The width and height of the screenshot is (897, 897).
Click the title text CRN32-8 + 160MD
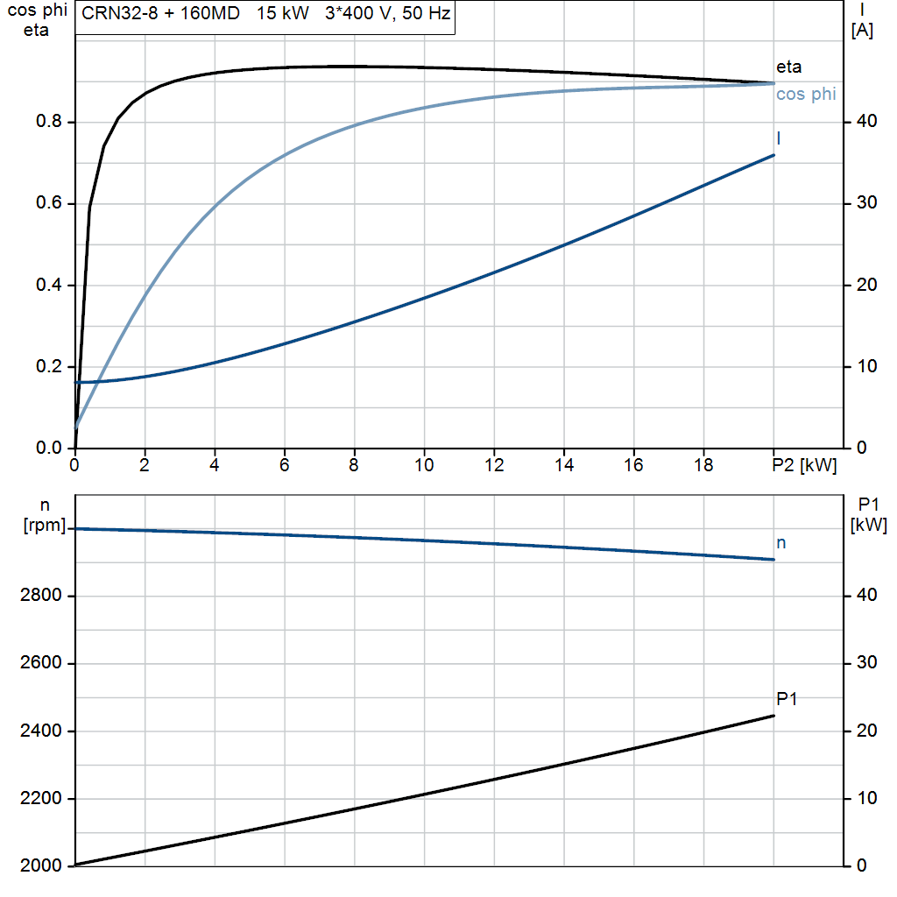click(161, 13)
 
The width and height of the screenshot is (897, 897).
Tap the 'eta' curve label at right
click(789, 67)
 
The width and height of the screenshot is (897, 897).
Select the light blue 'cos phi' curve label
click(806, 94)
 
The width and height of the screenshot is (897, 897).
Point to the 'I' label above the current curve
click(779, 138)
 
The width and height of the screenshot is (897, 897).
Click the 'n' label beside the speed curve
click(780, 543)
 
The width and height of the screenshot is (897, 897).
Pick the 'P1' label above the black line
click(787, 698)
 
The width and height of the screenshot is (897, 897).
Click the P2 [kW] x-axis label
click(804, 465)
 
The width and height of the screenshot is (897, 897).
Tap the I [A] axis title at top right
click(862, 20)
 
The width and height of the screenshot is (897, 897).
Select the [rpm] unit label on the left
click(45, 526)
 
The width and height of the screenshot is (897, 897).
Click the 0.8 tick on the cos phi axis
click(49, 121)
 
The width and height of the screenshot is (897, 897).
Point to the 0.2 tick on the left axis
click(49, 366)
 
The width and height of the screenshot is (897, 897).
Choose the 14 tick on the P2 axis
click(564, 465)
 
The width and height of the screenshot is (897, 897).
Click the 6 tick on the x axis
click(285, 465)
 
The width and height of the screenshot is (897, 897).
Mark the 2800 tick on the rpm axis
click(40, 596)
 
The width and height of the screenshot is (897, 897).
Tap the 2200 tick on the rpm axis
click(40, 798)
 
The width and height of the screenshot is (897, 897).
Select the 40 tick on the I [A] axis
click(866, 121)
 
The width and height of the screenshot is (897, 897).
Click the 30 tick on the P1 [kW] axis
click(866, 662)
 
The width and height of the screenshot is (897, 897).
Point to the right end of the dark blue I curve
click(774, 155)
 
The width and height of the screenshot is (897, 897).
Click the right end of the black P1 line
click(774, 716)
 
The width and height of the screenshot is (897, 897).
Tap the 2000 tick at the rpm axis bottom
click(40, 865)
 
